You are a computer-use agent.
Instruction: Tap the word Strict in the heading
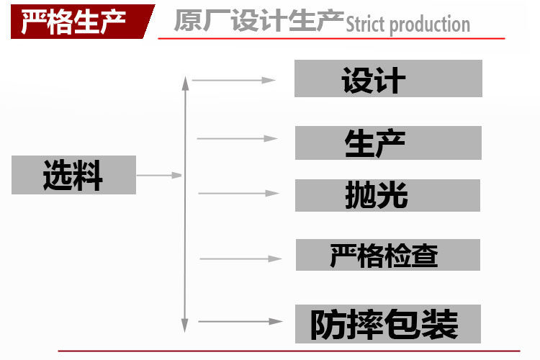click(x=366, y=25)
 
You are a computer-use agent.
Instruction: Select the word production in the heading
click(x=432, y=26)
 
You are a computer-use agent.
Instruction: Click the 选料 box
click(x=73, y=175)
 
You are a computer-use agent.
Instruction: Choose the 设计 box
click(x=387, y=79)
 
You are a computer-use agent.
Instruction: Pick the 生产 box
click(x=387, y=143)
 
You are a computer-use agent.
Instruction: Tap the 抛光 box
click(x=387, y=195)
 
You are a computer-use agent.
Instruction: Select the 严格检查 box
click(x=387, y=255)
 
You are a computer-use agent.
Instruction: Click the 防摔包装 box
click(x=387, y=324)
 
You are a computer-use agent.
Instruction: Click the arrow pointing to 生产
click(x=238, y=138)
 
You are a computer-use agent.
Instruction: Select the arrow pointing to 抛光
click(x=238, y=193)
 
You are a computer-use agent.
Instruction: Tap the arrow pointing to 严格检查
click(x=240, y=258)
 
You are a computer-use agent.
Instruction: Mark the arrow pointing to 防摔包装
click(x=240, y=321)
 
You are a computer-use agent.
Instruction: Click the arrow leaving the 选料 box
click(x=159, y=174)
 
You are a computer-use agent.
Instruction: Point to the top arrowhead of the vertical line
click(x=186, y=81)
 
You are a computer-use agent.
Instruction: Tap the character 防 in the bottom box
click(x=328, y=325)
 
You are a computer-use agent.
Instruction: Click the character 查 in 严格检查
click(x=425, y=256)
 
